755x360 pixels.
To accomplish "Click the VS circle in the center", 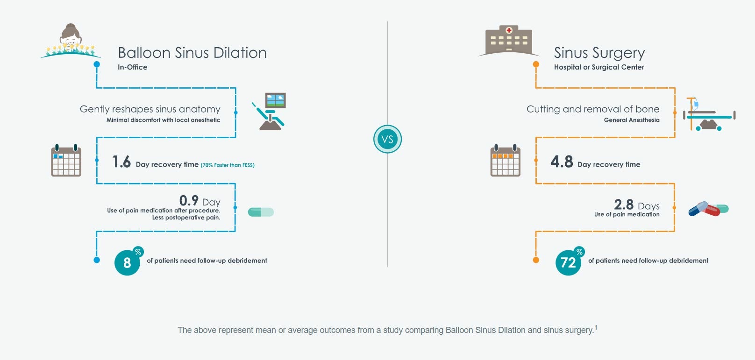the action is pos(387,139).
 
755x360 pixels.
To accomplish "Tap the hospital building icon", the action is pos(509,41).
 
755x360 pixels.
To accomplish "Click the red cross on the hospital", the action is pos(509,31).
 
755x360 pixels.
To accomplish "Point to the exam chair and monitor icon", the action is pos(269,111).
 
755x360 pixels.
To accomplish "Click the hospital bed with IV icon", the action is pos(709,114).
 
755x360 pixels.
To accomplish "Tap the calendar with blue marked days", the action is pos(66,160).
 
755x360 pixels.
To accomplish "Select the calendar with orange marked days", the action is pos(505,160).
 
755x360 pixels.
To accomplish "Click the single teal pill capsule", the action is pos(261,212).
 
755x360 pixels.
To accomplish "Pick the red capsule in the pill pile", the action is pos(710,211).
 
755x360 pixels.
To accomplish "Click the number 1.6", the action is pos(121,162).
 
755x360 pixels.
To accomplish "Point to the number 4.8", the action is pos(562,162).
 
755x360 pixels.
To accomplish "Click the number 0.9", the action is pos(189,201).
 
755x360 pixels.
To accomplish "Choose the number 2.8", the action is pos(624,205).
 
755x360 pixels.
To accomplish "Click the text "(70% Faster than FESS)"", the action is pos(228,165).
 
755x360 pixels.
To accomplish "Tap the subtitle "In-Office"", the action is pos(133,67).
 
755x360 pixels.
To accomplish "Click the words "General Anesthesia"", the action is pos(632,120).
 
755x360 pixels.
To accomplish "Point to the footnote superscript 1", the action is pos(596,327).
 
